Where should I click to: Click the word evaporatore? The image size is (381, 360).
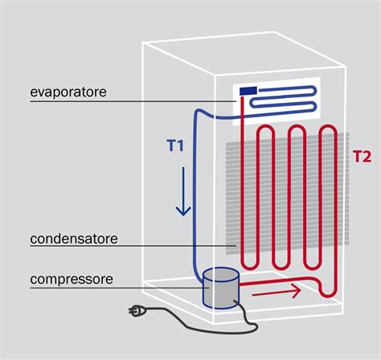tap(68, 93)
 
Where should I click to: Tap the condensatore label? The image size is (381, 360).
tap(73, 239)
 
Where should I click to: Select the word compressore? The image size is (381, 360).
tap(71, 280)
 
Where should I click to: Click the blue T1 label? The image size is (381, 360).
tap(176, 146)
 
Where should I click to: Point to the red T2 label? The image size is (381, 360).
tap(362, 157)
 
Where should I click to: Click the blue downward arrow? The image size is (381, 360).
tap(183, 193)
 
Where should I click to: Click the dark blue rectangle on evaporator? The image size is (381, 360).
tap(247, 91)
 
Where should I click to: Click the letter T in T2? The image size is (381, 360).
tap(357, 157)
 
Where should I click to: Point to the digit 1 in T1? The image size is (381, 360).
tap(182, 146)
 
